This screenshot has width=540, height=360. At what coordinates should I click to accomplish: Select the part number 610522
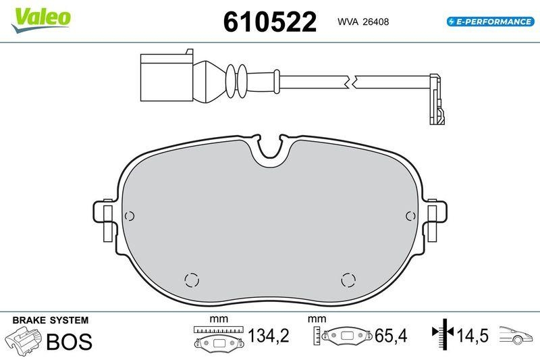pos(269,22)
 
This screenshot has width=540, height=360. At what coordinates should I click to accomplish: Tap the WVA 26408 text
pos(362,22)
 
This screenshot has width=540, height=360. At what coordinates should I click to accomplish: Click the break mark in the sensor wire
pos(351,82)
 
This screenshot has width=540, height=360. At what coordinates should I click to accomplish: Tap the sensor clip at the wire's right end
pos(437,101)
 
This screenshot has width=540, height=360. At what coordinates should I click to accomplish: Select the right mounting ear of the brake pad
pos(437,220)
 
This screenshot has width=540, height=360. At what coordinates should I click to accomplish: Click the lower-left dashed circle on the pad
pos(192,280)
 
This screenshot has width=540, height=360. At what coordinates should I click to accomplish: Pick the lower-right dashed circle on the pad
pos(348,280)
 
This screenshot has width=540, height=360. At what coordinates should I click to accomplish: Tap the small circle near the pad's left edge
pos(131,216)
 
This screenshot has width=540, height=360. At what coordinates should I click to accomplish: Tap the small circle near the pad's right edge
pos(410,216)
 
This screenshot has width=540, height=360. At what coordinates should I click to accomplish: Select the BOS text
pos(68,342)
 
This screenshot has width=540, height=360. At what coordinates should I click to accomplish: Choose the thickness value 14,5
pos(472,335)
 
